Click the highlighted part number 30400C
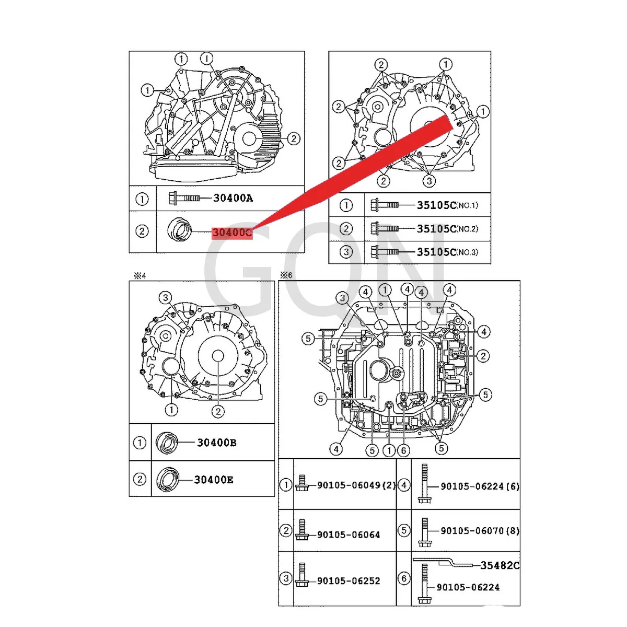pos(232,233)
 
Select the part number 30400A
pos(233,198)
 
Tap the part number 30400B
pos(216,443)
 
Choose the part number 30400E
pos(214,480)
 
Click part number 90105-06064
pos(349,535)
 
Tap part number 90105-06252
pos(349,581)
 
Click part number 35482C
pos(500,565)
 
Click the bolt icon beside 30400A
pos(184,198)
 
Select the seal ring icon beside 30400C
pos(180,230)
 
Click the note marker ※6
pos(286,275)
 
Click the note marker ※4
pos(140,275)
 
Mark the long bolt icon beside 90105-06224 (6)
pos(424,484)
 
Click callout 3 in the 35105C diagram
pos(429,181)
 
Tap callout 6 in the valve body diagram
pos(403,450)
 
